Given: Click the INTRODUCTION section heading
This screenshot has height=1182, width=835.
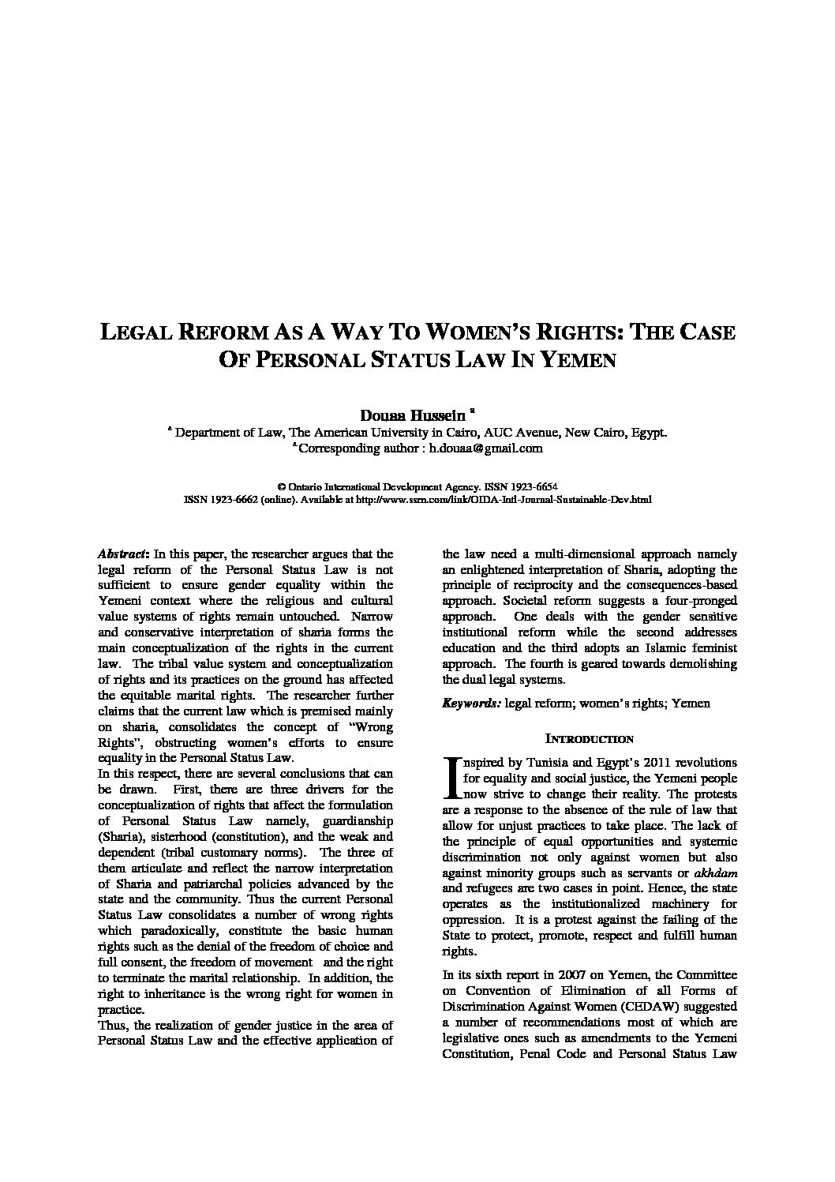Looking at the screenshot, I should pos(590,739).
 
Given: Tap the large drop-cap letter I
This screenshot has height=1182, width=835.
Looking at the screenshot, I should pos(451,778).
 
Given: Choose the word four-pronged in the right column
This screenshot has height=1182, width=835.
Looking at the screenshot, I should pos(699,601).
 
